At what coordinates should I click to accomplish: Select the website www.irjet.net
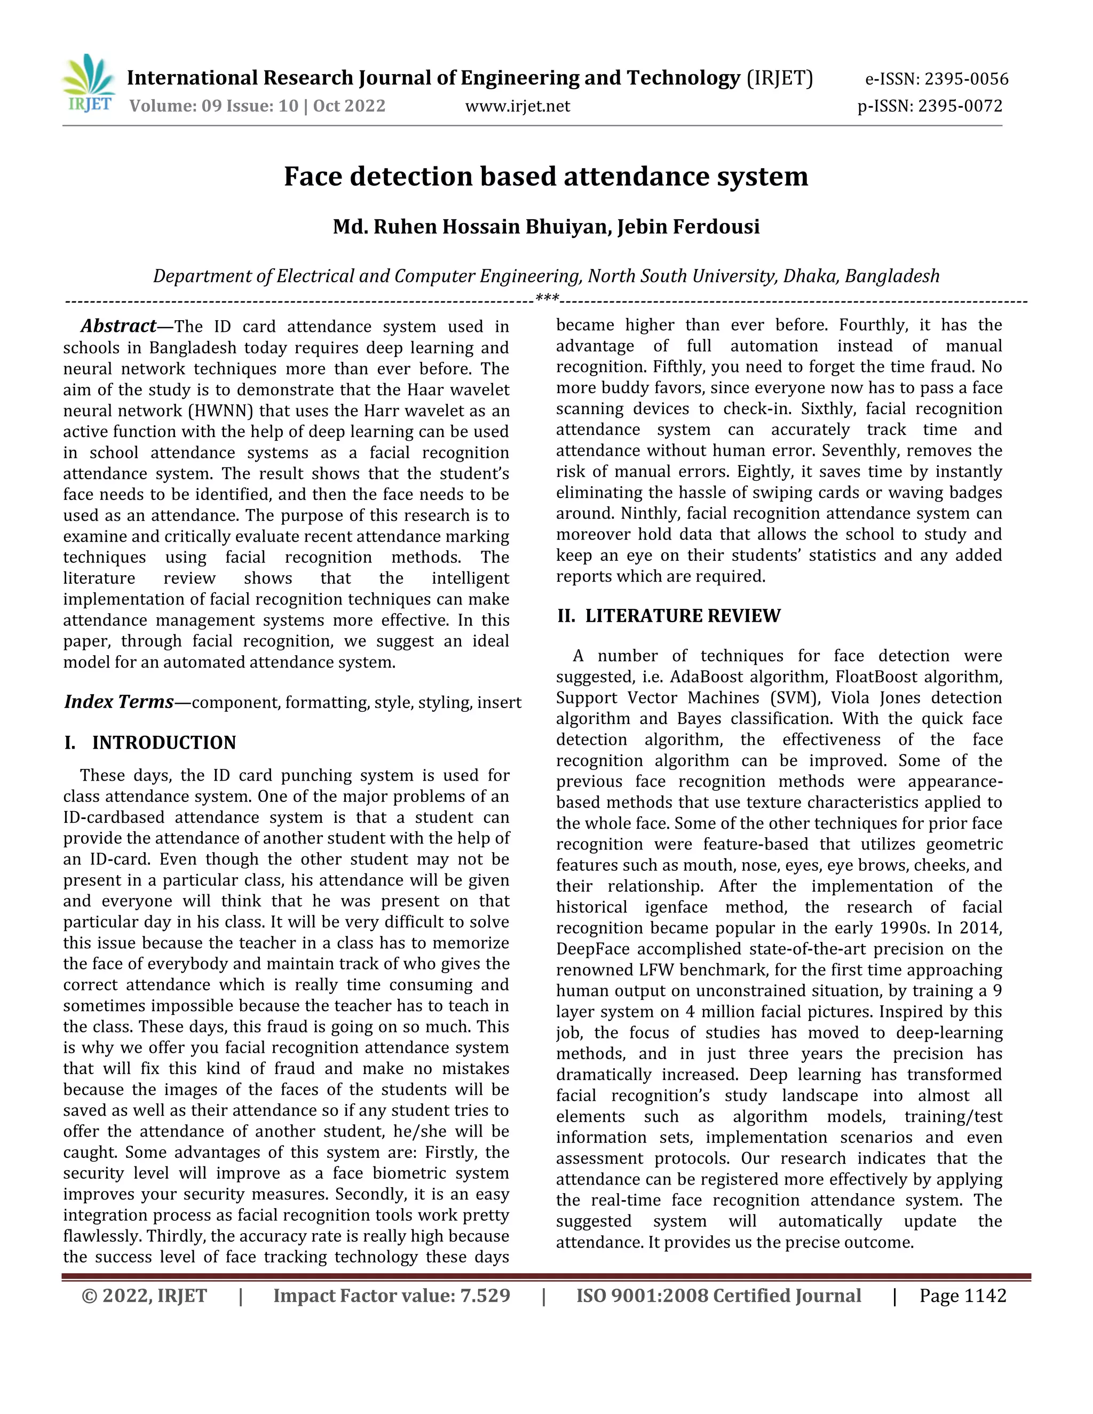(517, 106)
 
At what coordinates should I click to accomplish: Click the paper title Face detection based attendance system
(546, 176)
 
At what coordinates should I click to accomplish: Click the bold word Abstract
(118, 325)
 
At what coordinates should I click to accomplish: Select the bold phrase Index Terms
(119, 702)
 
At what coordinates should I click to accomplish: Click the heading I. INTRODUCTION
(150, 743)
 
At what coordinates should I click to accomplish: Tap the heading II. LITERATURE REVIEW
(669, 616)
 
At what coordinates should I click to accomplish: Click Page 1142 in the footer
(962, 1296)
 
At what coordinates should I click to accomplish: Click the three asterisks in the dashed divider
(547, 299)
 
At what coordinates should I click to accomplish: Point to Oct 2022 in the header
(349, 106)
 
